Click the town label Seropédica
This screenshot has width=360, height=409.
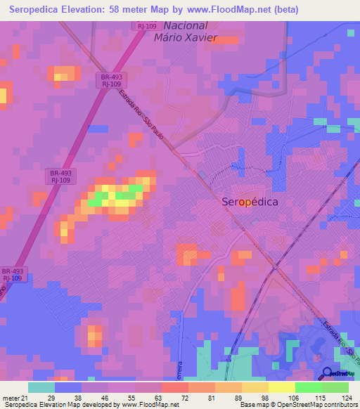click(x=250, y=202)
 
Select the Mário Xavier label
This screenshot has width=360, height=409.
click(x=186, y=38)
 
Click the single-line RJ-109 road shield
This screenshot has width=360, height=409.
click(x=147, y=26)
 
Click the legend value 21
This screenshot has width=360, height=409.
click(x=25, y=397)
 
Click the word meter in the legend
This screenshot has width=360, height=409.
click(x=10, y=397)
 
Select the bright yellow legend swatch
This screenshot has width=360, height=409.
click(x=282, y=387)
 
